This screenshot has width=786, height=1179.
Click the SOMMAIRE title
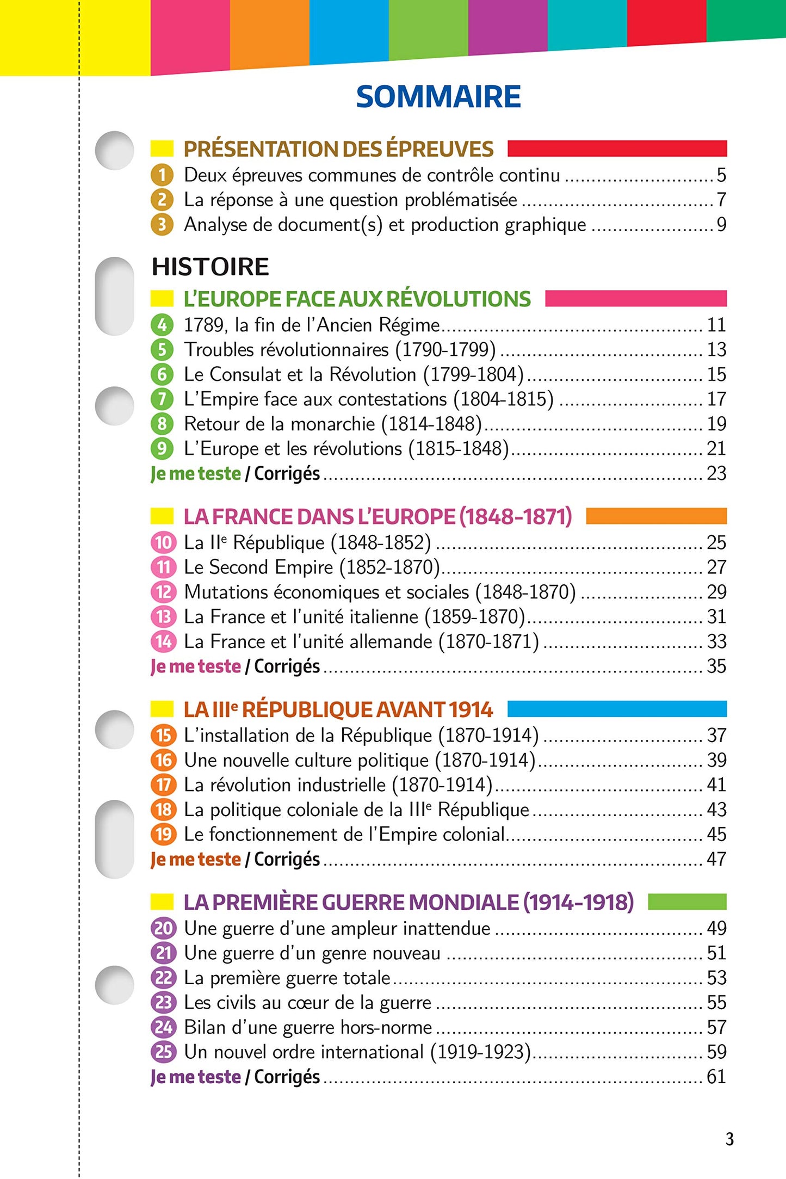(x=438, y=97)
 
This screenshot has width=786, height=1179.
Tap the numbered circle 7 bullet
(x=162, y=399)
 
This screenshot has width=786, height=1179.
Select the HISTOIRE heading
(x=210, y=267)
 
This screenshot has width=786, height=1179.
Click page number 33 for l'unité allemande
(x=716, y=641)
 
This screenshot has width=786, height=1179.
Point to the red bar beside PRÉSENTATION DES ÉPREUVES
(x=617, y=149)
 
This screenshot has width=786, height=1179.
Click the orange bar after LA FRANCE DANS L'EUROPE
(x=656, y=516)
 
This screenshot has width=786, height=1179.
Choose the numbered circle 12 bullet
(x=163, y=592)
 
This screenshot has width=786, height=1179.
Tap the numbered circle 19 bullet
(x=163, y=835)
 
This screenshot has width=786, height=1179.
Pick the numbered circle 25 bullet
(x=163, y=1052)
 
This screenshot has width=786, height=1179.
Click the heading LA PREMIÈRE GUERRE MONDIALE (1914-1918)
(x=409, y=903)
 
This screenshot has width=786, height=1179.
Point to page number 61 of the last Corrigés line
(x=716, y=1077)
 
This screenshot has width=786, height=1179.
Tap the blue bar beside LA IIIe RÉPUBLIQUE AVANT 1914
(x=617, y=709)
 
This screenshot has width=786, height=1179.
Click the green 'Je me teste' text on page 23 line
(x=196, y=474)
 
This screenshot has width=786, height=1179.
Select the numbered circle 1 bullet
(x=162, y=175)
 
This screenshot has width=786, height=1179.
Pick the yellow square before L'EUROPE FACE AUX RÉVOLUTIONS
(x=162, y=299)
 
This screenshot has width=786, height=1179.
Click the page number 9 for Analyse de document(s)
(x=721, y=225)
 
